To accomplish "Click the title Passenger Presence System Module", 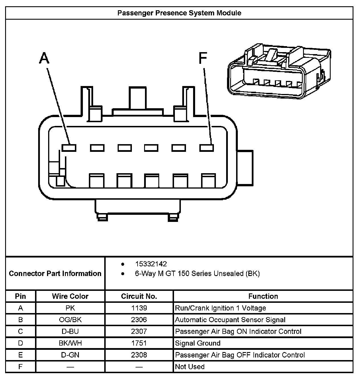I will click(179, 13).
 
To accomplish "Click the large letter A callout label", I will click(44, 58).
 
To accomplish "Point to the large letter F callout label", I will click(202, 58).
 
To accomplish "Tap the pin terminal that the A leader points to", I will click(69, 148).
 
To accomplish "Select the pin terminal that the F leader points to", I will click(206, 148).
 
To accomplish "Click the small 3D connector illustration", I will click(279, 71).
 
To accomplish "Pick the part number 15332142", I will click(151, 264).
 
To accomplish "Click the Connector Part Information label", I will click(55, 273).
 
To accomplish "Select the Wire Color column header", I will click(70, 296).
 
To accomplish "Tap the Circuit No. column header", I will click(139, 296).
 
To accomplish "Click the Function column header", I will click(263, 296).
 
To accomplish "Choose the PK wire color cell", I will click(70, 308).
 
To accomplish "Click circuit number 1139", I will click(139, 308).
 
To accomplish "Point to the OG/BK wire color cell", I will click(70, 320).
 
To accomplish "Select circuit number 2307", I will click(139, 331).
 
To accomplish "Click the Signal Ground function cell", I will click(198, 343).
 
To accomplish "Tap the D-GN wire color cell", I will click(70, 355).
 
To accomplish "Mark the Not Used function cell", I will click(190, 367).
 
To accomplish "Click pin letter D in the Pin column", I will click(21, 343).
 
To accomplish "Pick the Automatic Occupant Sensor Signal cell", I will click(230, 320).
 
